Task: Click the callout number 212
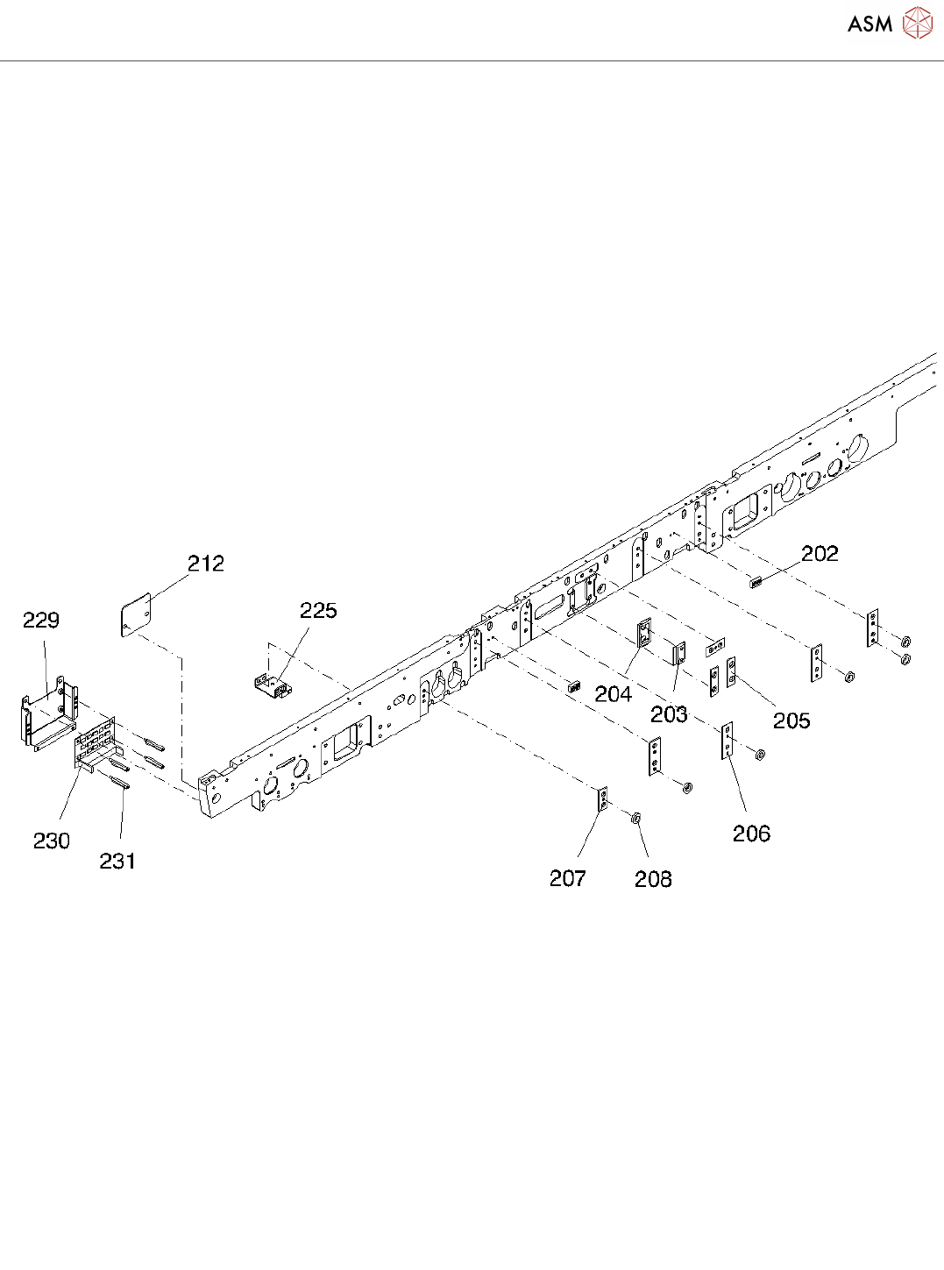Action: click(x=206, y=564)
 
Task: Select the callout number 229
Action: click(x=41, y=621)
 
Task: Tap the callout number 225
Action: click(x=318, y=611)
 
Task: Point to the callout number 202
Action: click(x=820, y=554)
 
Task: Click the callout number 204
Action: click(x=613, y=695)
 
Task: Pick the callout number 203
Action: click(x=669, y=715)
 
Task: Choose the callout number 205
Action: click(x=791, y=720)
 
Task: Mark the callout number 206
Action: click(x=751, y=834)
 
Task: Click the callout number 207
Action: click(x=567, y=878)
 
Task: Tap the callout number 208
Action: click(x=653, y=879)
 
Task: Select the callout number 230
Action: click(x=52, y=841)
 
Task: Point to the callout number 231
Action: click(x=117, y=862)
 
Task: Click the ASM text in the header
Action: click(x=869, y=25)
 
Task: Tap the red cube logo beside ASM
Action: click(x=918, y=24)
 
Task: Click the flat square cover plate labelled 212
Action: click(x=135, y=614)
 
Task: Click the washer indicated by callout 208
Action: click(x=636, y=819)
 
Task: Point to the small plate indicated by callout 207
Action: click(x=602, y=799)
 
